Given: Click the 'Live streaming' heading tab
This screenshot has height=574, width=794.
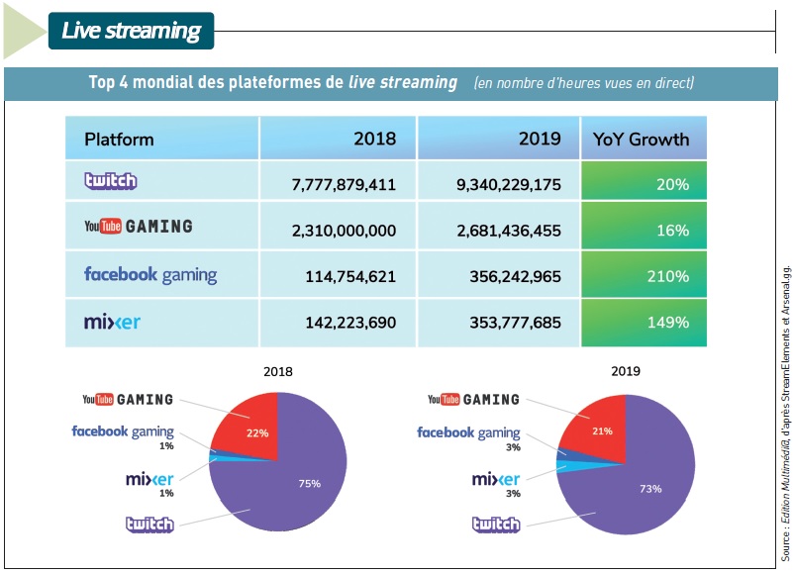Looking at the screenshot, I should [130, 31].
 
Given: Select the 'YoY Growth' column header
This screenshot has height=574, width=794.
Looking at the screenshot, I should [641, 139].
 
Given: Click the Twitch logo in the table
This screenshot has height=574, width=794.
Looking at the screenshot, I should [110, 181].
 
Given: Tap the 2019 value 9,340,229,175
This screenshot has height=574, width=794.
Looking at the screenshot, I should [497, 184].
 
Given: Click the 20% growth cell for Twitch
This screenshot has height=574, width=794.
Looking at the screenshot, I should [644, 184].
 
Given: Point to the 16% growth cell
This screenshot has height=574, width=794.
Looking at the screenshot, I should [644, 230].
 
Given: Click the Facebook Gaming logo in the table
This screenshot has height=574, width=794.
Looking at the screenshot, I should [150, 275].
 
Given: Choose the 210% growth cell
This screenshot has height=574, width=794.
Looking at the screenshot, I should [644, 276].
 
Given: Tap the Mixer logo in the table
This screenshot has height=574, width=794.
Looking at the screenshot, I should [112, 322].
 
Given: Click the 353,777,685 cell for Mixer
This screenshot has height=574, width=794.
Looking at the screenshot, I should [497, 323].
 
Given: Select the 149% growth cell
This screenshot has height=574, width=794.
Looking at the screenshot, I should [644, 323].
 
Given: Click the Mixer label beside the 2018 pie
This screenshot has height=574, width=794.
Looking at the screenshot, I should [149, 480].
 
